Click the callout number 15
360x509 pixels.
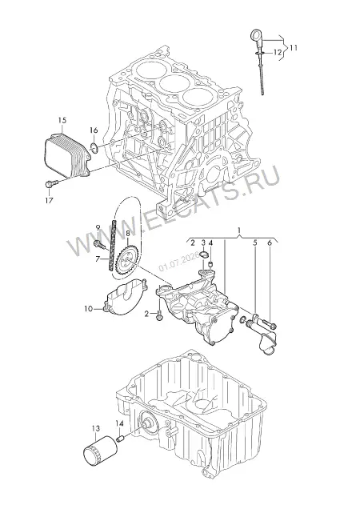(62, 120)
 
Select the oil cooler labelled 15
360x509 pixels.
(66, 156)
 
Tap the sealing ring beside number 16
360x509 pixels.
(94, 147)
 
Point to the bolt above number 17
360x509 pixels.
(51, 184)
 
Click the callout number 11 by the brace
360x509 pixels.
(294, 48)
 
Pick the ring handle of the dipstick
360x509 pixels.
(256, 35)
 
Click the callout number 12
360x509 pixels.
(278, 52)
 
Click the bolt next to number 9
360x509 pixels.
(100, 244)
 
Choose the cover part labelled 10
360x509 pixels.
(126, 296)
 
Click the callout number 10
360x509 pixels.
(89, 309)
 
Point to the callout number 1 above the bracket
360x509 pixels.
(239, 230)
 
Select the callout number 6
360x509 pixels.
(269, 242)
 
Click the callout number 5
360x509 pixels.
(255, 242)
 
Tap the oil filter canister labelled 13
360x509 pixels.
(100, 453)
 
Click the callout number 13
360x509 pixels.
(95, 429)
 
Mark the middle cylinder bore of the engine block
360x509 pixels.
(175, 82)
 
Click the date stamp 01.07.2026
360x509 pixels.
(179, 263)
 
